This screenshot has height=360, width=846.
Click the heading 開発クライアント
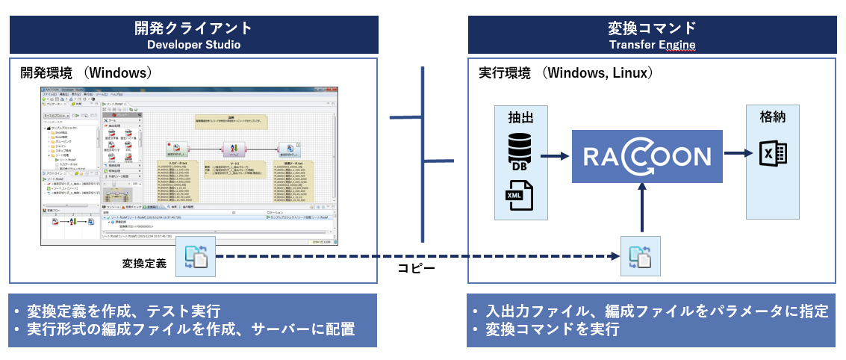point(193,28)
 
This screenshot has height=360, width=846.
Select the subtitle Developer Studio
point(193,45)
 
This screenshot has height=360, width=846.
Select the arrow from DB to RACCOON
point(554,156)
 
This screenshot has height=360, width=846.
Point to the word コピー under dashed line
point(421,267)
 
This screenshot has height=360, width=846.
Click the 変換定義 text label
point(145,263)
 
